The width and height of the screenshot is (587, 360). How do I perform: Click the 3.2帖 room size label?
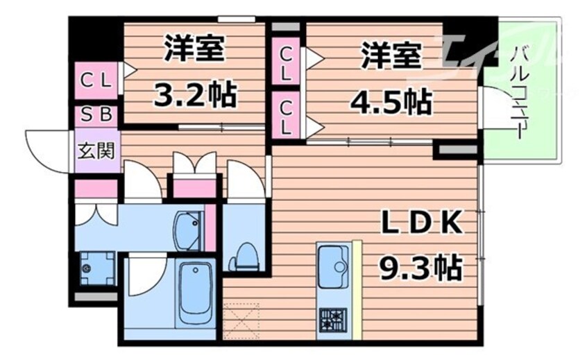[x=195, y=95]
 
